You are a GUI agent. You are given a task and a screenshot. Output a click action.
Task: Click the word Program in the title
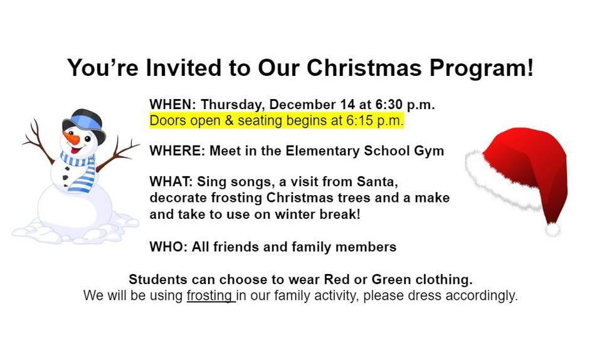coord(483,68)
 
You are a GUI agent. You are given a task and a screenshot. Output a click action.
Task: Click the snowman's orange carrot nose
coord(69,139)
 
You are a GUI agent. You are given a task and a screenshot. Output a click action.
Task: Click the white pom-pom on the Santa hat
coord(552,230)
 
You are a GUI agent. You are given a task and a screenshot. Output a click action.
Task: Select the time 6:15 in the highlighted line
coord(362,121)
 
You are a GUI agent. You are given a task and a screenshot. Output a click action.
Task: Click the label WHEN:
coord(173,105)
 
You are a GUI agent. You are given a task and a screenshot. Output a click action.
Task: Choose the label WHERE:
coord(177,151)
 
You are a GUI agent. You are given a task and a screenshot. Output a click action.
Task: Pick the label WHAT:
coord(171,183)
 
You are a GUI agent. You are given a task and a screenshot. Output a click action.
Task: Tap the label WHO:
coord(169,247)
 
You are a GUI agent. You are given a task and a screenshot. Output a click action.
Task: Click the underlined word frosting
coord(209,295)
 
